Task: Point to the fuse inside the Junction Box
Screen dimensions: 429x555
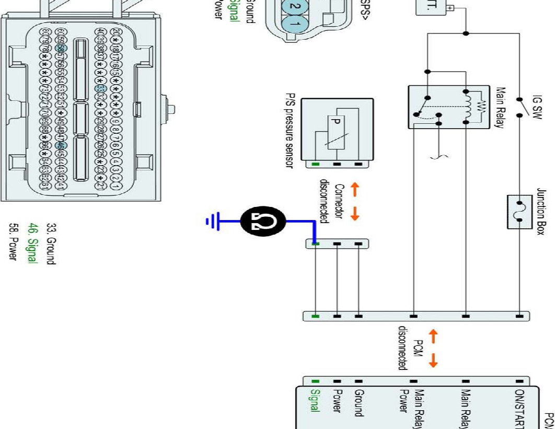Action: [x=519, y=211]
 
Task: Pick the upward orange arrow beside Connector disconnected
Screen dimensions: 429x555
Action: [x=355, y=189]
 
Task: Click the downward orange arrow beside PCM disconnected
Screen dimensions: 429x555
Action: [x=433, y=361]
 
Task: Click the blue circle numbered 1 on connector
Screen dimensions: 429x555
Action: [x=295, y=24]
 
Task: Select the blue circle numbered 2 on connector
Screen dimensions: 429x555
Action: [x=295, y=5]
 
